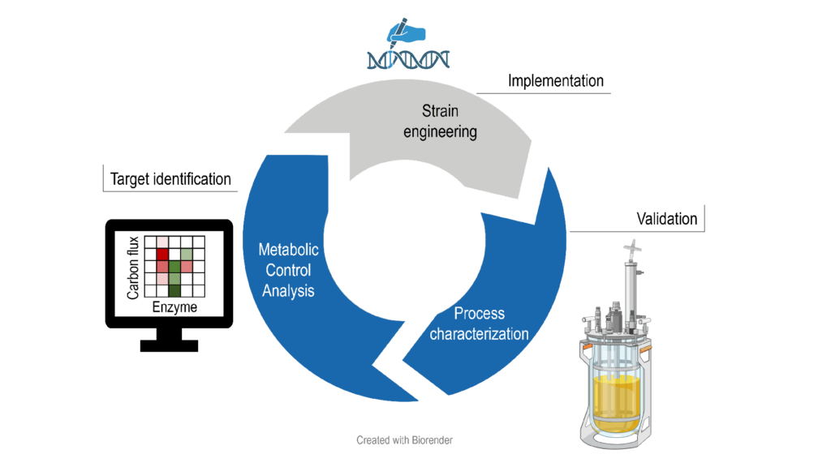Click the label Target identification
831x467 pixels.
(x=170, y=179)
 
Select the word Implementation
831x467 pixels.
(x=555, y=81)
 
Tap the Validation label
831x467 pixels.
(x=666, y=219)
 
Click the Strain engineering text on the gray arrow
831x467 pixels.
(x=440, y=120)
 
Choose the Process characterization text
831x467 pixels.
(x=479, y=323)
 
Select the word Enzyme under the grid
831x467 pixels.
(x=174, y=308)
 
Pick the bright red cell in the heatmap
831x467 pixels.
(x=162, y=255)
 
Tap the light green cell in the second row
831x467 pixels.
(x=186, y=255)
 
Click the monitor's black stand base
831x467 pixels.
(x=170, y=345)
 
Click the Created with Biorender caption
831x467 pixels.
(x=405, y=440)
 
